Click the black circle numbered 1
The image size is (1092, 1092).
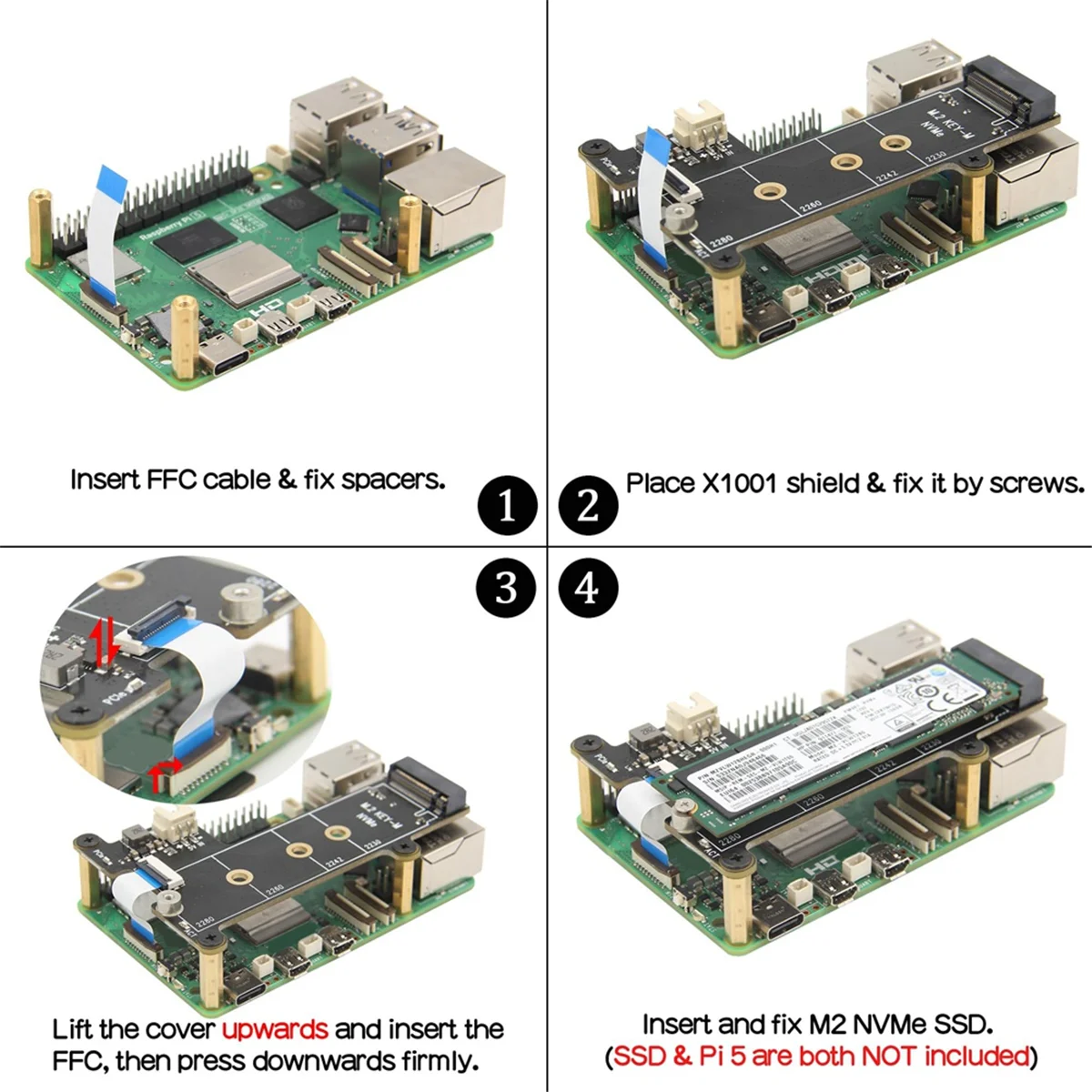pos(507,506)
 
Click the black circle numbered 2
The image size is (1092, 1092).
pos(588,506)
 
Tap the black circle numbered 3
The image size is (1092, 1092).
pos(507,588)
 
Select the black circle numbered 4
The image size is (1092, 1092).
pos(588,588)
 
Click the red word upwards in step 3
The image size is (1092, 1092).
pos(275,1029)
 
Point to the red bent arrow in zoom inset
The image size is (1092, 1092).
pos(165,773)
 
